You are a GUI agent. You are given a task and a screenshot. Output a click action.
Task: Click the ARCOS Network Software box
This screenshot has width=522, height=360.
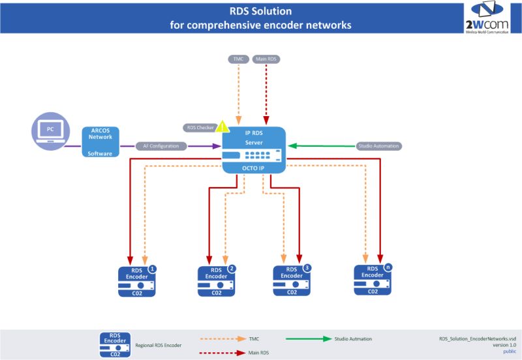[100, 142]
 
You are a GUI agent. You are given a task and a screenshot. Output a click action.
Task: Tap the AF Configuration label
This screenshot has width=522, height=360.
[161, 146]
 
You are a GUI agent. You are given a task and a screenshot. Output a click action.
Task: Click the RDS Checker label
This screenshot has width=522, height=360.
[199, 127]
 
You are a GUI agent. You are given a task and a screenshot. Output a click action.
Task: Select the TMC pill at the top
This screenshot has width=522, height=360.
[239, 59]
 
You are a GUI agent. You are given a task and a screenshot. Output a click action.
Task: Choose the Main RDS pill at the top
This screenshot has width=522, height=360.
[266, 59]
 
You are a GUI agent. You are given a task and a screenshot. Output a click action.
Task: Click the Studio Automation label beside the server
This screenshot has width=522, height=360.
[378, 145]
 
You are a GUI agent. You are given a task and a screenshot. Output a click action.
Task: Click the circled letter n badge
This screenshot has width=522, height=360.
[388, 267]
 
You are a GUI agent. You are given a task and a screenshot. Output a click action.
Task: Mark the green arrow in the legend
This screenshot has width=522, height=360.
[308, 338]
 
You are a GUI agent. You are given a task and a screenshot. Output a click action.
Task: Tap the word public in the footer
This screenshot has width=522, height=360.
[509, 352]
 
